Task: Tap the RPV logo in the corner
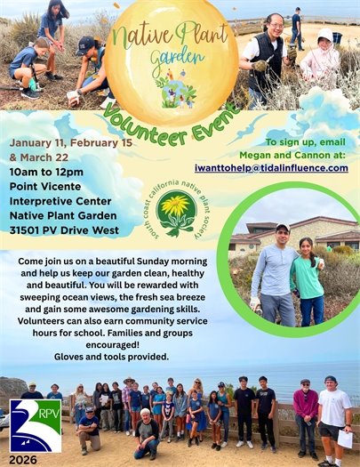click(x=36, y=425)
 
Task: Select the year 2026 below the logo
click(x=25, y=460)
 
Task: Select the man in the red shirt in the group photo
click(x=306, y=409)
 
